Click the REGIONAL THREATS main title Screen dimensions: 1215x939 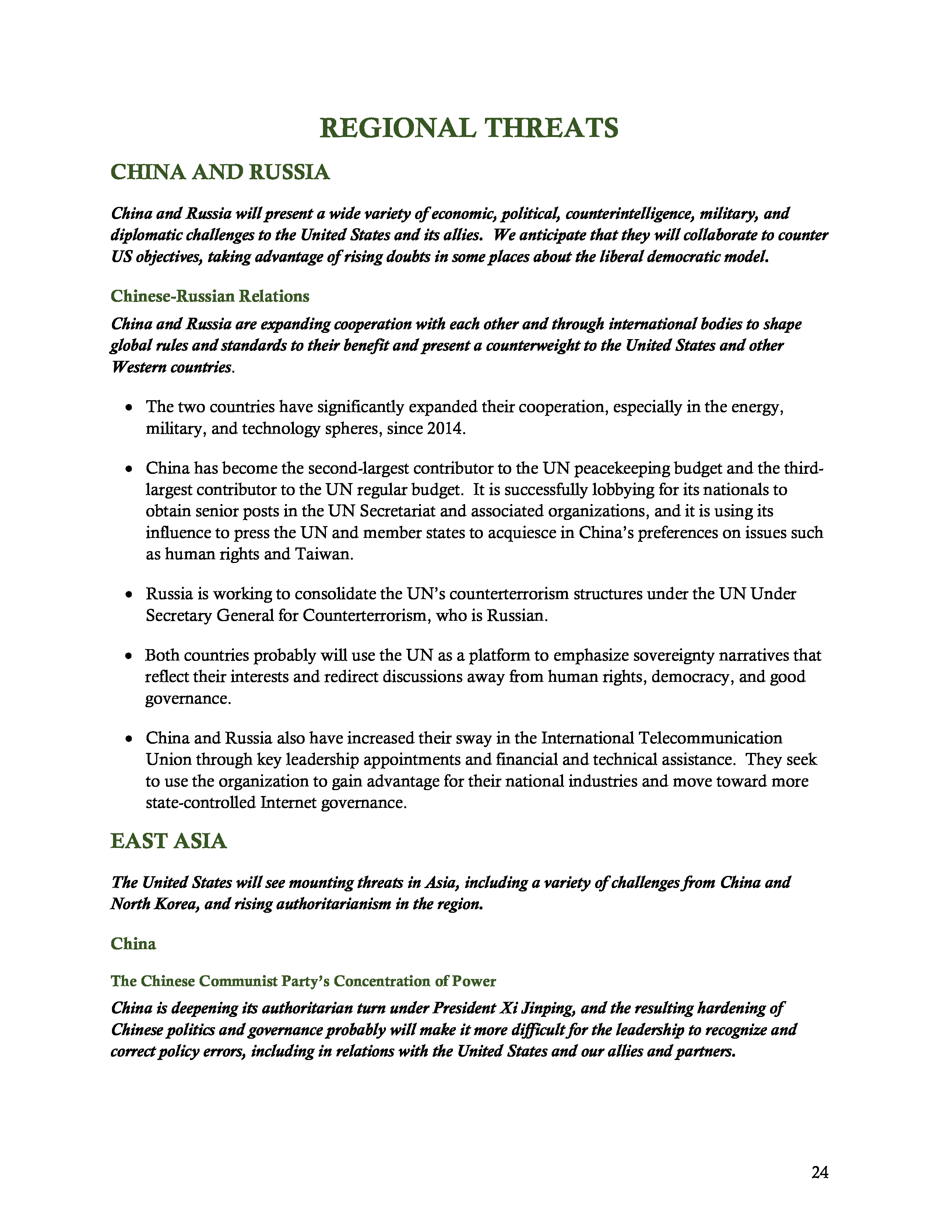click(x=469, y=128)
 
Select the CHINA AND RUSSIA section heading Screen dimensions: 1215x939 click(x=220, y=172)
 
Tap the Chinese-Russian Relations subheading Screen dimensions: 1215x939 click(x=210, y=296)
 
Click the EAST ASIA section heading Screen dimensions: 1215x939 click(x=169, y=841)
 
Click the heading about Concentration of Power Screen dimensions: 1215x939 click(x=303, y=981)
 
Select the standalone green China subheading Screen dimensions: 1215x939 click(x=134, y=944)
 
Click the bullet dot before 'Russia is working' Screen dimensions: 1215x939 click(x=129, y=595)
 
